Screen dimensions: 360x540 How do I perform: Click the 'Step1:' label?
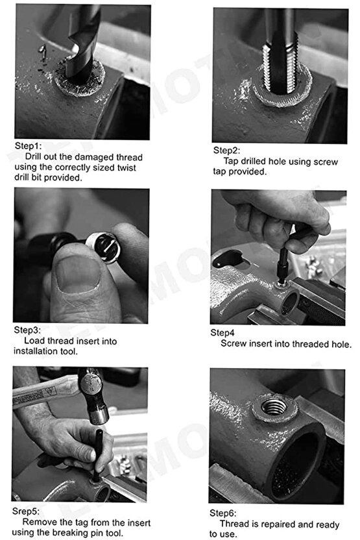pyautogui.click(x=28, y=145)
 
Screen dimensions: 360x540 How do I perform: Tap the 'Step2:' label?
pyautogui.click(x=226, y=150)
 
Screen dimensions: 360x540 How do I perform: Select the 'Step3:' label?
pyautogui.click(x=27, y=330)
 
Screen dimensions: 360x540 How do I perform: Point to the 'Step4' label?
pyautogui.click(x=222, y=333)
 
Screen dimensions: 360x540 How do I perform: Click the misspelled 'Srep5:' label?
pyautogui.click(x=26, y=511)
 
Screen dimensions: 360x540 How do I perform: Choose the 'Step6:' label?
pyautogui.click(x=223, y=513)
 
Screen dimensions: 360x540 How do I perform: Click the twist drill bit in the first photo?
pyautogui.click(x=82, y=45)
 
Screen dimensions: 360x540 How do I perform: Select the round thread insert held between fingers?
pyautogui.click(x=103, y=247)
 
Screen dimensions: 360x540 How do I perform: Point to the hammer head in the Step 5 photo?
pyautogui.click(x=93, y=396)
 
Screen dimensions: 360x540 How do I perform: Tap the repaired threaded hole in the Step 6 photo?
pyautogui.click(x=274, y=406)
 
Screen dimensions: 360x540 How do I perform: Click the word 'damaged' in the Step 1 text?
pyautogui.click(x=94, y=157)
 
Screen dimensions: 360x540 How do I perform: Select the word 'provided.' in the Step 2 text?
pyautogui.click(x=250, y=172)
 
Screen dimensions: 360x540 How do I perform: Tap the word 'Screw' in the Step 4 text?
pyautogui.click(x=234, y=344)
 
